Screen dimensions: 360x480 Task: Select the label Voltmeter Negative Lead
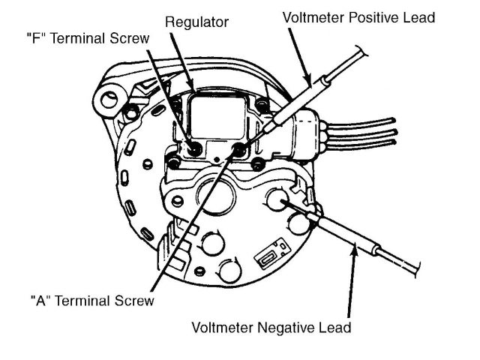tap(271, 328)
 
